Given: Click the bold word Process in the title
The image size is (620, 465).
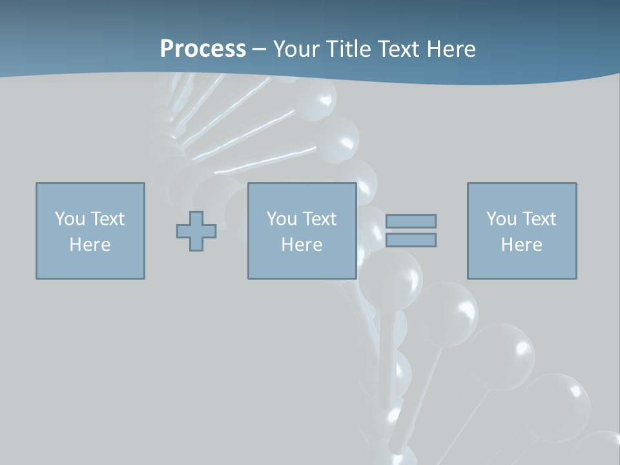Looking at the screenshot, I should click(203, 49).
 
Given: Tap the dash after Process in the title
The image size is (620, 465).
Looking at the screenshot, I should click(259, 50).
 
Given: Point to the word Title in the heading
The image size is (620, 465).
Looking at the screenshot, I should click(346, 49).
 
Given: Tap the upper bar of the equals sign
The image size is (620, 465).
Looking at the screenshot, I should click(411, 222).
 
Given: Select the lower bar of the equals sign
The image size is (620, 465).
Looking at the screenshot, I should click(411, 240).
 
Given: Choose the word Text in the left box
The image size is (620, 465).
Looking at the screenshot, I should click(107, 219).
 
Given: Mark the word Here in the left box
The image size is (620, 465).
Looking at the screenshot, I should click(90, 245).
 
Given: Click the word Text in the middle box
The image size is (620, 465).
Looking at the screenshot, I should click(318, 219).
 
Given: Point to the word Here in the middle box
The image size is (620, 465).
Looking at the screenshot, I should click(302, 245).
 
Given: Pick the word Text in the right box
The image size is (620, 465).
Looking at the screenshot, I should click(538, 219).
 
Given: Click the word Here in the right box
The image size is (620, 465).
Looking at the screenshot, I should click(521, 245).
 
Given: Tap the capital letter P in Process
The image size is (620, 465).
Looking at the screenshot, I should click(168, 49).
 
